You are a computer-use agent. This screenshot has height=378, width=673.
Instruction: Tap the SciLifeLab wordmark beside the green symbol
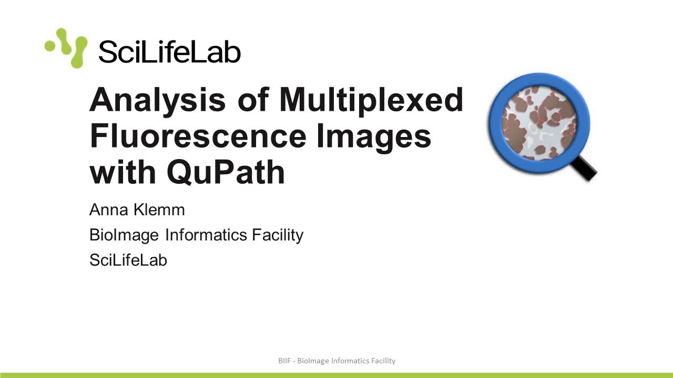169,52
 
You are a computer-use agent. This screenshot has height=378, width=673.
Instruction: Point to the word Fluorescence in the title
198,135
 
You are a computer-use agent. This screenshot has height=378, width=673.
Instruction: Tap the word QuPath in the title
226,172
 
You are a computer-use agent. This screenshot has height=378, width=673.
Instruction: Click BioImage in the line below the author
124,235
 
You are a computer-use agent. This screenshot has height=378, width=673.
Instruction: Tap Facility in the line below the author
277,235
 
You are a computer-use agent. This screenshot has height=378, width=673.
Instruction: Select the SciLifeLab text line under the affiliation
128,260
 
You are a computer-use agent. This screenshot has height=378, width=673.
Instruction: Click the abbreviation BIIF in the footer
284,361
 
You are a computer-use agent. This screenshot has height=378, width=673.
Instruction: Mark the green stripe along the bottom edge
336,375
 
